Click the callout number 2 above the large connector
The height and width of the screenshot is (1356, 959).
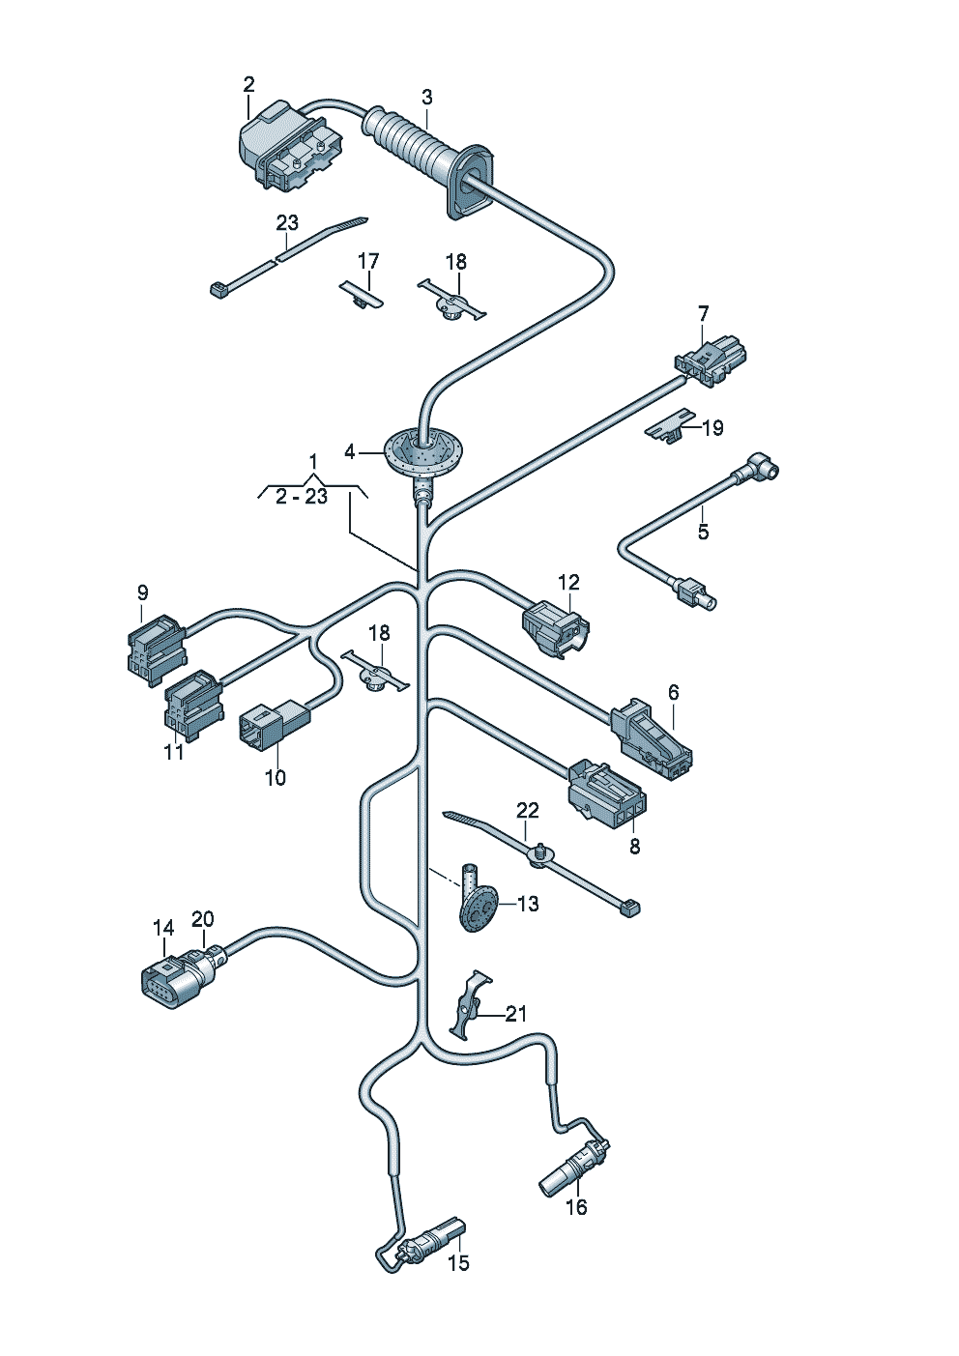(x=248, y=85)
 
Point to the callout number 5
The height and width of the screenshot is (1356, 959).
(x=703, y=532)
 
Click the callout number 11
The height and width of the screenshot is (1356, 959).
(x=174, y=751)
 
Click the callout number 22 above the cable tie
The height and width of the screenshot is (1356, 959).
(x=527, y=810)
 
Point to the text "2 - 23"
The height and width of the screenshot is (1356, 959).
(x=302, y=497)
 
